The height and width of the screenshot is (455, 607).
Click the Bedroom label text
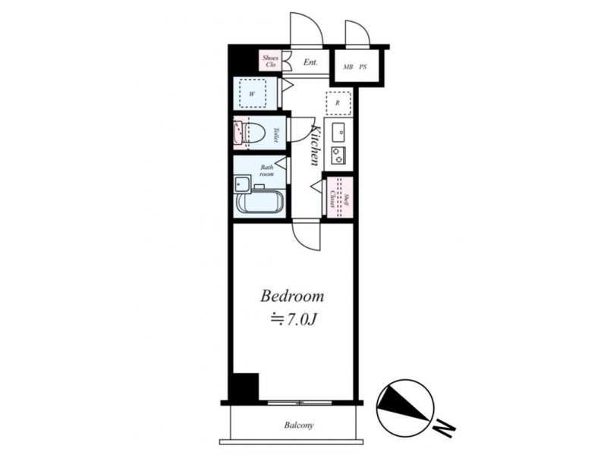click(x=292, y=296)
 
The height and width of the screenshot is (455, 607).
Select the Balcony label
click(x=299, y=425)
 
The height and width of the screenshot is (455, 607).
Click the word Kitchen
click(x=316, y=145)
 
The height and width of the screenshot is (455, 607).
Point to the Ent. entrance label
click(x=310, y=62)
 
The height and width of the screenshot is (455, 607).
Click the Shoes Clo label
click(x=270, y=61)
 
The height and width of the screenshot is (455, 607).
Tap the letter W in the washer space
click(x=252, y=93)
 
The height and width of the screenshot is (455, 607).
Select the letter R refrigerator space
click(x=338, y=103)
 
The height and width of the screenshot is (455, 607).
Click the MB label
click(x=348, y=67)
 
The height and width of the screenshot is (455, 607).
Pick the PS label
click(x=363, y=67)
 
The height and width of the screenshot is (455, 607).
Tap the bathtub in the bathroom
click(x=259, y=202)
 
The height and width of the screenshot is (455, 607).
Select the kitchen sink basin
click(x=338, y=133)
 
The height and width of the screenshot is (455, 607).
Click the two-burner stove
click(x=338, y=155)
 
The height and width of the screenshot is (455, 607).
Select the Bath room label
click(x=267, y=171)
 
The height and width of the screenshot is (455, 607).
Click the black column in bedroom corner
click(x=244, y=387)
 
